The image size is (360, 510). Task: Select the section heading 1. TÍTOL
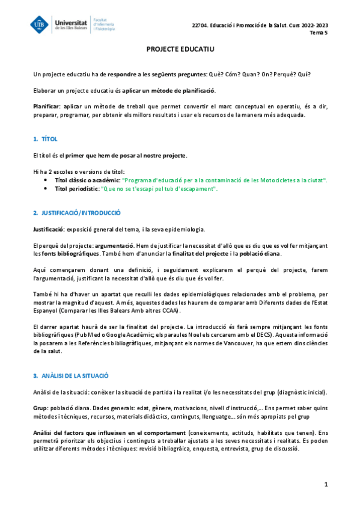coord(46,139)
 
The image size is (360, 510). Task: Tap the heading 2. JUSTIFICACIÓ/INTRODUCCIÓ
coord(77,212)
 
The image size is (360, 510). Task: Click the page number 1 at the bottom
coord(325,484)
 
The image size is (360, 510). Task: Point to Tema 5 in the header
coord(319,32)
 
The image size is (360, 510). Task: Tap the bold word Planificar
coord(46,106)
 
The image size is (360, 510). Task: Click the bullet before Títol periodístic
coord(47,188)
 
